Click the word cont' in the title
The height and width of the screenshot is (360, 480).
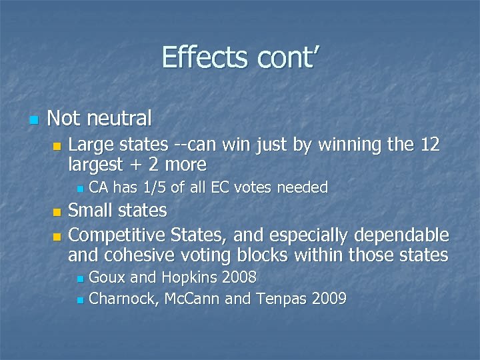[x=280, y=57]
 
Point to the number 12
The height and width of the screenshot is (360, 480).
[x=427, y=144]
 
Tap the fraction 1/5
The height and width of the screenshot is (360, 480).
[x=153, y=188]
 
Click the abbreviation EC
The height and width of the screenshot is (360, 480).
[x=221, y=188]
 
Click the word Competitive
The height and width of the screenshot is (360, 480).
[x=117, y=236]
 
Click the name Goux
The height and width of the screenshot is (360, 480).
[x=105, y=277]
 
